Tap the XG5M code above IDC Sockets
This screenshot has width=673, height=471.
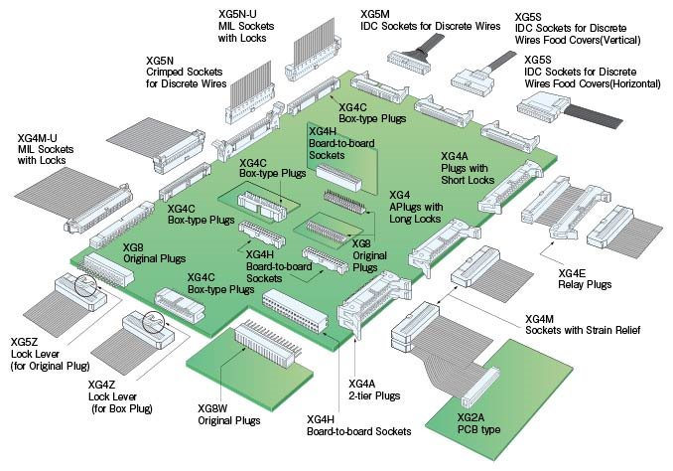click(374, 14)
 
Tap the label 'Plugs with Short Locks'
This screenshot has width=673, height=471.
click(467, 175)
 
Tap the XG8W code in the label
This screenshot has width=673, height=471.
click(213, 408)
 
